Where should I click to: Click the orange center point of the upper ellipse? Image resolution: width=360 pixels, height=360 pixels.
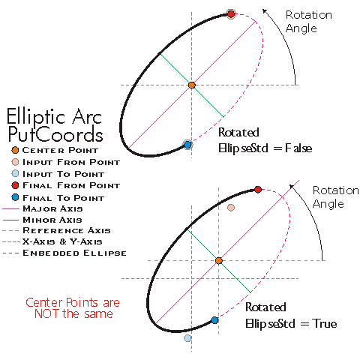[192, 85]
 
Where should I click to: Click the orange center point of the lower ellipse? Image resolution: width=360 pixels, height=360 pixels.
[219, 260]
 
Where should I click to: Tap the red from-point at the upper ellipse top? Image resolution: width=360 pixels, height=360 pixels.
[231, 13]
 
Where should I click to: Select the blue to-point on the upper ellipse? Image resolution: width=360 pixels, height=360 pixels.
[187, 144]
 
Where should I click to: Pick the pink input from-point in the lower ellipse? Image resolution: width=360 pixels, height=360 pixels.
[231, 207]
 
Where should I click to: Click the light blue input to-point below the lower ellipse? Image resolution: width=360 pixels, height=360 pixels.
[187, 338]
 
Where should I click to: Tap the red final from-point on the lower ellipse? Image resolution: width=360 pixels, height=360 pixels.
[258, 189]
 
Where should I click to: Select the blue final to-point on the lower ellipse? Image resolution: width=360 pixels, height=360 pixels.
[214, 320]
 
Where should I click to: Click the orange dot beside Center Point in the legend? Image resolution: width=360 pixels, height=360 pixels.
[16, 149]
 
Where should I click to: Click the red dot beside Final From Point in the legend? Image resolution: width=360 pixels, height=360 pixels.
[16, 185]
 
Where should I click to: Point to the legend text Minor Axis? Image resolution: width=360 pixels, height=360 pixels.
[52, 220]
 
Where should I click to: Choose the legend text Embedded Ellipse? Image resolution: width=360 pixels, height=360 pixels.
[74, 253]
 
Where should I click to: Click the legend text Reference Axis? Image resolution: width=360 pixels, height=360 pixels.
[67, 231]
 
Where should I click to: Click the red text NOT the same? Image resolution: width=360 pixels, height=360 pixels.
[73, 313]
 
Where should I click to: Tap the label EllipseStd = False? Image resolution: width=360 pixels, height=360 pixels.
[264, 148]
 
